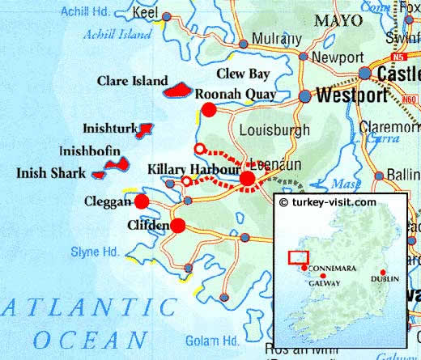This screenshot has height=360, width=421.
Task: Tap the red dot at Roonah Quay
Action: pyautogui.click(x=209, y=110)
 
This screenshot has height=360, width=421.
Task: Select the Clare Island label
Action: pyautogui.click(x=132, y=82)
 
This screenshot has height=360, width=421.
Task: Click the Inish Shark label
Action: pyautogui.click(x=51, y=173)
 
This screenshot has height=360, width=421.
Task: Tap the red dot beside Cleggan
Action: pyautogui.click(x=142, y=201)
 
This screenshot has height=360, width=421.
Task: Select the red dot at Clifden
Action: pyautogui.click(x=177, y=225)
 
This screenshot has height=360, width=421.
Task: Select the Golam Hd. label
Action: pyautogui.click(x=210, y=340)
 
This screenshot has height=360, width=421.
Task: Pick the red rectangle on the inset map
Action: pyautogui.click(x=298, y=257)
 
